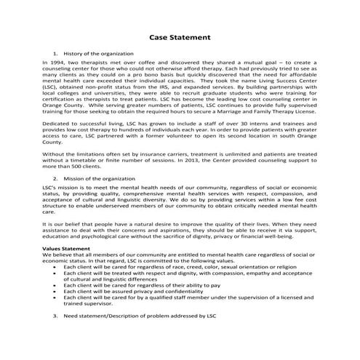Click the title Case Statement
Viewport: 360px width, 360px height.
[180, 36]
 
